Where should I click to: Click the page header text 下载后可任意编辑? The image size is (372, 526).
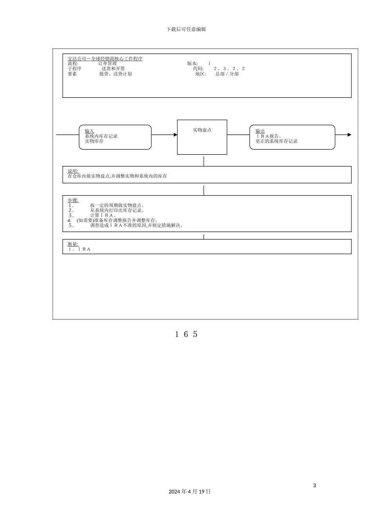click(x=186, y=29)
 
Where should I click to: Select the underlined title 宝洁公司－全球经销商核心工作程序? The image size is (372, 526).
click(x=105, y=58)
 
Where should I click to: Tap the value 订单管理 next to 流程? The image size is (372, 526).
click(x=107, y=63)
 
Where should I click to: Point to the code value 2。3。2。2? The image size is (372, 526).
click(x=229, y=68)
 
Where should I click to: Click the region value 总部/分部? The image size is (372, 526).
click(x=227, y=74)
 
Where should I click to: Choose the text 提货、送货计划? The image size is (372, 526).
click(x=116, y=74)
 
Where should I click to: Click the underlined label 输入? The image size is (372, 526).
click(x=89, y=131)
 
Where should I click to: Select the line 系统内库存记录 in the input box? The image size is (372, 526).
click(x=101, y=136)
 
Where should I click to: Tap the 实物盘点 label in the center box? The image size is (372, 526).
click(x=202, y=130)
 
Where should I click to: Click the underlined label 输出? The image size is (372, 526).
click(x=260, y=131)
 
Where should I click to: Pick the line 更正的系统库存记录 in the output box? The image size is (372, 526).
click(x=276, y=141)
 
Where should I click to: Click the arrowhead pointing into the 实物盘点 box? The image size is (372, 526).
click(x=175, y=135)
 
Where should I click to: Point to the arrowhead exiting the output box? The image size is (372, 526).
click(x=349, y=135)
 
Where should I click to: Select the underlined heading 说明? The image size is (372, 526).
click(x=73, y=171)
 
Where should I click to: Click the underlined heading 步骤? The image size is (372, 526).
click(x=73, y=200)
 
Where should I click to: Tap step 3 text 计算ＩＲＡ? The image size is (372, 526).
click(x=102, y=215)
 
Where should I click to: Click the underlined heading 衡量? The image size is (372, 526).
click(x=73, y=244)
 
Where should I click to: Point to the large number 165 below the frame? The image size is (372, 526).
click(x=186, y=334)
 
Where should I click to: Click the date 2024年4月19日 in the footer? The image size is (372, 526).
click(x=190, y=492)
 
